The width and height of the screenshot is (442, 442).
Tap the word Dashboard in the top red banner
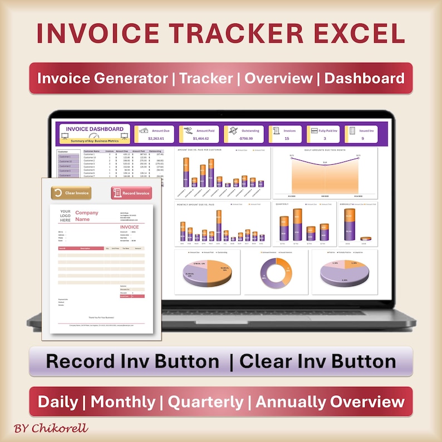pos(364,78)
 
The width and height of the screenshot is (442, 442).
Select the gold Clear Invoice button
pos(71,193)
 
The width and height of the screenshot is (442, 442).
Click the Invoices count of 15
pos(286,139)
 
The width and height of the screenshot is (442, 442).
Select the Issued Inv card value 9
pos(362,139)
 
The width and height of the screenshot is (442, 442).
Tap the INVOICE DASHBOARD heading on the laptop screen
pos(95,129)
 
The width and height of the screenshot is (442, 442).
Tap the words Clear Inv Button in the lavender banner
pos(318,361)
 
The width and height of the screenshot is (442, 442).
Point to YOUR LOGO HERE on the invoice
pos(65,216)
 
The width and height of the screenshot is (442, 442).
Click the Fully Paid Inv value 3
pos(324,139)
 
